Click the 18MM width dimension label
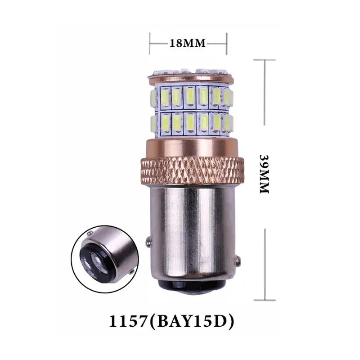click(x=187, y=43)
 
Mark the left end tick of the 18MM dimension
click(x=150, y=43)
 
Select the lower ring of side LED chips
click(x=189, y=122)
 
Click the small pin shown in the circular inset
click(x=92, y=234)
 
